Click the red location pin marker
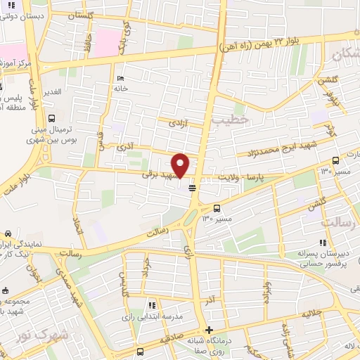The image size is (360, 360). pyautogui.click(x=181, y=165)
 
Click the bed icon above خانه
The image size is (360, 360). pyautogui.click(x=120, y=78)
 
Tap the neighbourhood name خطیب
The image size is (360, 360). pyautogui.click(x=234, y=120)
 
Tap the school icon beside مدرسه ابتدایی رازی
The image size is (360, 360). pyautogui.click(x=151, y=305)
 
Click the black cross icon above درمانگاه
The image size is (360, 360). pyautogui.click(x=208, y=329)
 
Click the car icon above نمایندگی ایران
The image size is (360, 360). pyautogui.click(x=7, y=233)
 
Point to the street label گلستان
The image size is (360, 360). pyautogui.click(x=83, y=13)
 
